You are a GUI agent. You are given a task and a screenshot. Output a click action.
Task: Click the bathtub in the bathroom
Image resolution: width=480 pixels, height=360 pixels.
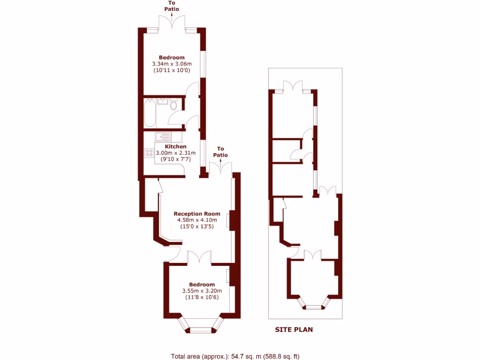(x=150, y=112)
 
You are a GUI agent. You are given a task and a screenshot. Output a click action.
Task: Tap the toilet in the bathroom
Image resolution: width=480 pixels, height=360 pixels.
(x=174, y=104)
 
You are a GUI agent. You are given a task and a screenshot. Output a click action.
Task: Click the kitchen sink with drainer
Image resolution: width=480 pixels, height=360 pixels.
(x=163, y=136)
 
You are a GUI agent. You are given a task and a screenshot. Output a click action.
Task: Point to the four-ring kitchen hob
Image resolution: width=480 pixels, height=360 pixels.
(x=150, y=152)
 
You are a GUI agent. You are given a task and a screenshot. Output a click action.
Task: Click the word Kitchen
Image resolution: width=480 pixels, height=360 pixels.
(x=175, y=146)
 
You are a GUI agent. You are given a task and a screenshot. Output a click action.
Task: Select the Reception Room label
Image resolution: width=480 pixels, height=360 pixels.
(x=197, y=214)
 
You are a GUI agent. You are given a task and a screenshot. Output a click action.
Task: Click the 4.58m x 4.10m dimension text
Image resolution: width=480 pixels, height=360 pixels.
(x=197, y=220)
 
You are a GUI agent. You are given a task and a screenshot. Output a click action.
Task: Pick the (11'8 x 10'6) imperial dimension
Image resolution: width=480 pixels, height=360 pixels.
(x=202, y=297)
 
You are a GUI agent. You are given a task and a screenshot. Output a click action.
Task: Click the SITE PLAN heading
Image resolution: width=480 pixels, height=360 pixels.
(x=293, y=330)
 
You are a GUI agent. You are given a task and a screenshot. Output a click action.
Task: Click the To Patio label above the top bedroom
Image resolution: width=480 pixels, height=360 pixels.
(x=171, y=6)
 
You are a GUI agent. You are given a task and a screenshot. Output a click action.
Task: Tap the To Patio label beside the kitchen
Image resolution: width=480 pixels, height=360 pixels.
(x=220, y=152)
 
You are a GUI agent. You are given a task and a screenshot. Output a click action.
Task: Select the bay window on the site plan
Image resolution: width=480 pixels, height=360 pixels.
(x=313, y=305)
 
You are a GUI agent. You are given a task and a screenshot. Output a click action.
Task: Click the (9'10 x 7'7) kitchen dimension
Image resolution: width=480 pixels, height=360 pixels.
(x=175, y=159)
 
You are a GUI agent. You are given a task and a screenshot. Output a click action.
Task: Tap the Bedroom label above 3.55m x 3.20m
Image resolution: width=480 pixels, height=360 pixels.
(x=202, y=285)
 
